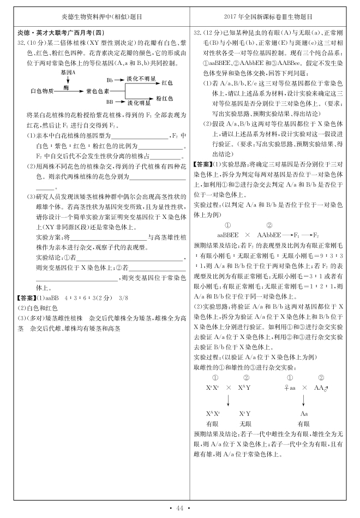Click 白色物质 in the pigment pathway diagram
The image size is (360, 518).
[x=41, y=91]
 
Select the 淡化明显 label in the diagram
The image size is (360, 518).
[x=139, y=102]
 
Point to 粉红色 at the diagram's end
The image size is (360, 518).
[x=165, y=99]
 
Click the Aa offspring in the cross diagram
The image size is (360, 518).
[x=304, y=413]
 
